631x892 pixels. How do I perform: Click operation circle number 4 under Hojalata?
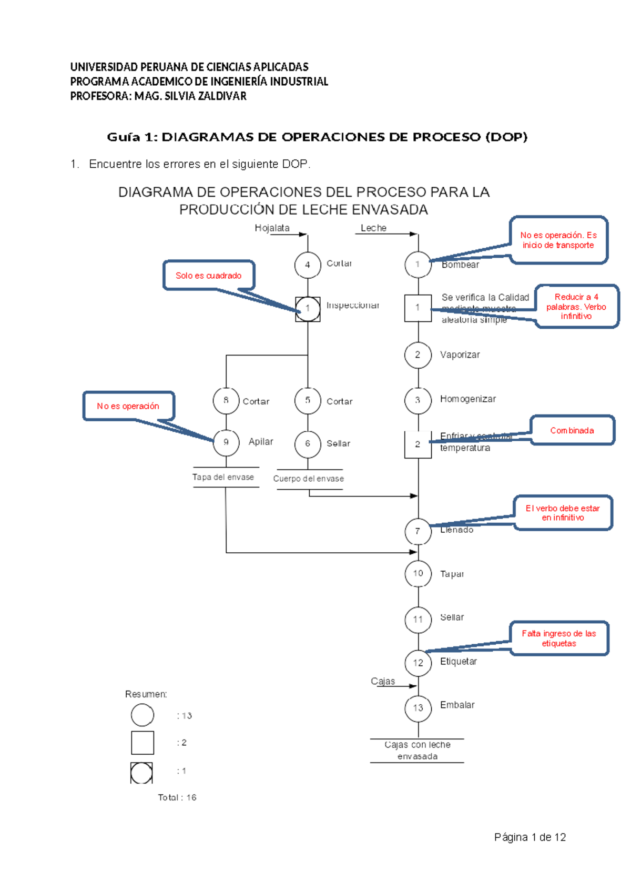(x=308, y=265)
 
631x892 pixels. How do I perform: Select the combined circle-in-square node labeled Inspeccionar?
(x=308, y=309)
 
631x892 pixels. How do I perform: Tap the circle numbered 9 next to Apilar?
(x=226, y=442)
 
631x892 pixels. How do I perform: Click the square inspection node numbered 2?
(x=418, y=444)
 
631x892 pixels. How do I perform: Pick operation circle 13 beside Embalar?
(x=418, y=708)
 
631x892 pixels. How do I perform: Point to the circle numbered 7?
(x=418, y=531)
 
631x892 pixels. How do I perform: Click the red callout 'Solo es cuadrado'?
(x=209, y=276)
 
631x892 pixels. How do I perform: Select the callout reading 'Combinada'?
(x=572, y=430)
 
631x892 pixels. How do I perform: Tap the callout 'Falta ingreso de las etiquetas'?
(x=559, y=638)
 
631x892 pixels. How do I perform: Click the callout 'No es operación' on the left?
(x=128, y=406)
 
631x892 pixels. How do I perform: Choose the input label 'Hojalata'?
(x=272, y=228)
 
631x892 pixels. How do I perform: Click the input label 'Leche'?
(x=373, y=228)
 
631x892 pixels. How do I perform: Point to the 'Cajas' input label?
(x=383, y=681)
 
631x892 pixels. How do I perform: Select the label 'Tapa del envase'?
(x=223, y=477)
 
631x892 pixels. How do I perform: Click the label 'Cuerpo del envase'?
(x=309, y=479)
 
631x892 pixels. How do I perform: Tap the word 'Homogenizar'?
(x=467, y=399)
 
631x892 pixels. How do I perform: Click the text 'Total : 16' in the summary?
(x=177, y=797)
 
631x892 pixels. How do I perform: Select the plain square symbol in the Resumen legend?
(x=143, y=743)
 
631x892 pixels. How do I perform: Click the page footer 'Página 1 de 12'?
(x=530, y=837)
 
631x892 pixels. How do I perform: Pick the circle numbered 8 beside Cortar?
(x=226, y=400)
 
